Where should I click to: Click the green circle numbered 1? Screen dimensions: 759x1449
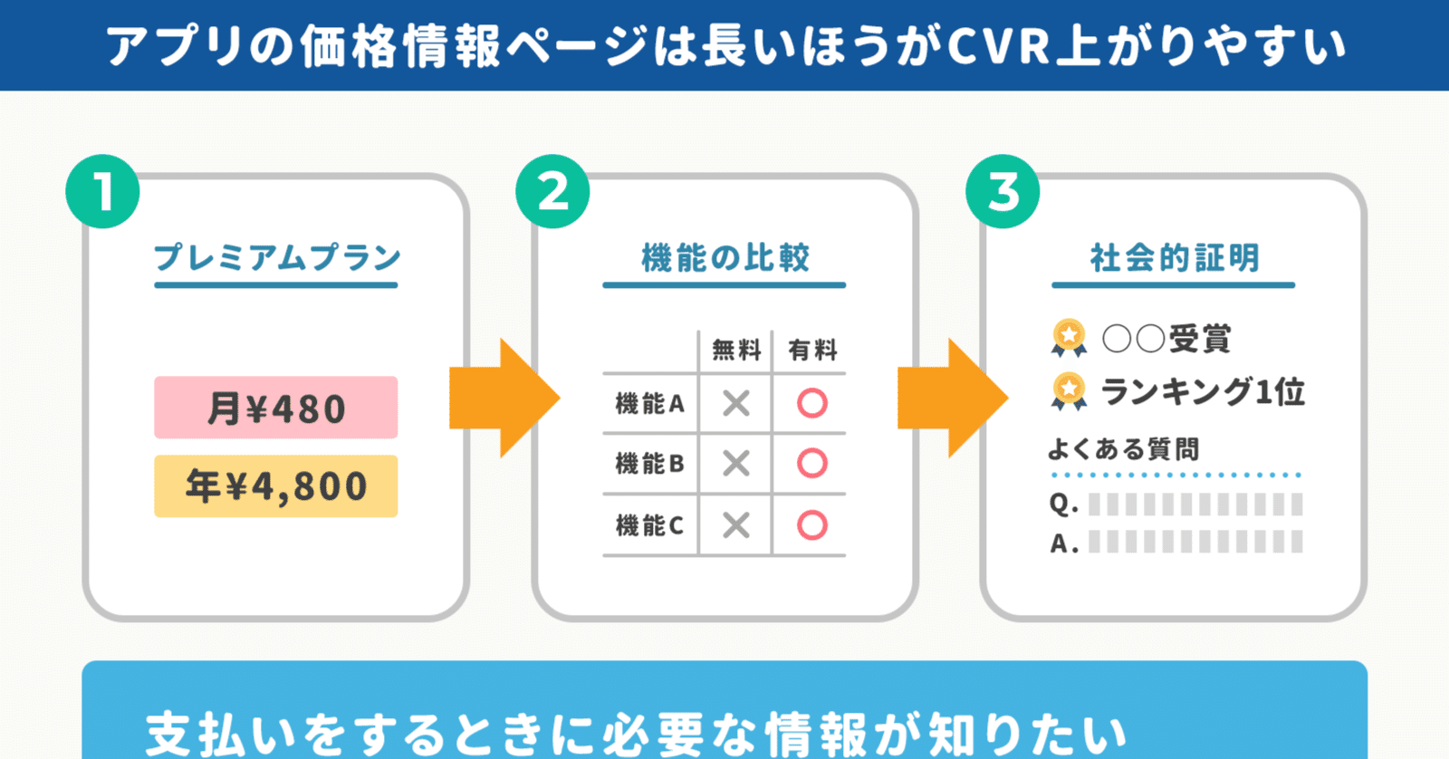[102, 192]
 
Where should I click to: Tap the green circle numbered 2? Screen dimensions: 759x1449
[552, 192]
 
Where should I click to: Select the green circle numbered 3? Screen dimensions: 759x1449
[1003, 192]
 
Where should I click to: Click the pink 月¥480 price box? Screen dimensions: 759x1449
[275, 408]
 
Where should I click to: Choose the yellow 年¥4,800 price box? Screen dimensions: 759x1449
[275, 486]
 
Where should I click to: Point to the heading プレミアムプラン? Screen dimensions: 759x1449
[276, 258]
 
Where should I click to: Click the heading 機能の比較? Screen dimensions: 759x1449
[724, 258]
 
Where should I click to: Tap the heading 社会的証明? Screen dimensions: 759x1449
[1174, 258]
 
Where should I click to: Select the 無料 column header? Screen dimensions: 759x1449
[735, 350]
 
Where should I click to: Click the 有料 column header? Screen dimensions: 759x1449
[811, 350]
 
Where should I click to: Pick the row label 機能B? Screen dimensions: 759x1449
[649, 464]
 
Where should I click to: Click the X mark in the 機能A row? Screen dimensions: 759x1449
[735, 403]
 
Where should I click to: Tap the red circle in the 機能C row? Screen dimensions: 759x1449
[811, 525]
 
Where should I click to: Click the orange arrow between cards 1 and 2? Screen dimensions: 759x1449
[504, 398]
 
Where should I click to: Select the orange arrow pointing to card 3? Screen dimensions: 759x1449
[952, 398]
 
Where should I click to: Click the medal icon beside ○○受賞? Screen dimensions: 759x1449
[1069, 338]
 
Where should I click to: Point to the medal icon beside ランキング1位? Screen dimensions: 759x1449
[1069, 391]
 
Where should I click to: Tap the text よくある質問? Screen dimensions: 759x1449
[1123, 449]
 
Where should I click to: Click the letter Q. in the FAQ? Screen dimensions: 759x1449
[1063, 504]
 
